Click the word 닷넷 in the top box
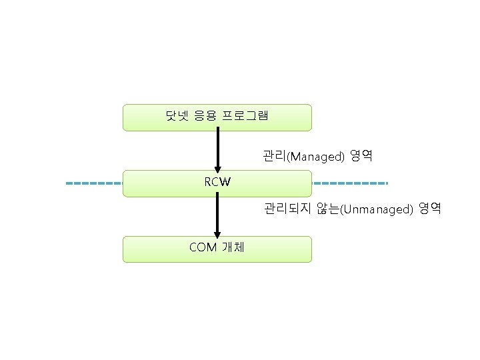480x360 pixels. tap(176, 117)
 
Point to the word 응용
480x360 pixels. tap(205, 117)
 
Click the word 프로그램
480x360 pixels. tap(245, 117)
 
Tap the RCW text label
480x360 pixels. tap(217, 182)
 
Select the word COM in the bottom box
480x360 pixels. tap(203, 247)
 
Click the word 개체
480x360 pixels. tap(233, 247)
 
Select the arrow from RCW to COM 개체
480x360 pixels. tap(217, 213)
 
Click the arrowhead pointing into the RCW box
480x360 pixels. tap(217, 168)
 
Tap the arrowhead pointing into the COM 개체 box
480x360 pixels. tap(217, 233)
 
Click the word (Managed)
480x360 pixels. tap(315, 157)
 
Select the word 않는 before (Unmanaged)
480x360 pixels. tap(328, 209)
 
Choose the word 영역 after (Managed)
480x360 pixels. tap(361, 157)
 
